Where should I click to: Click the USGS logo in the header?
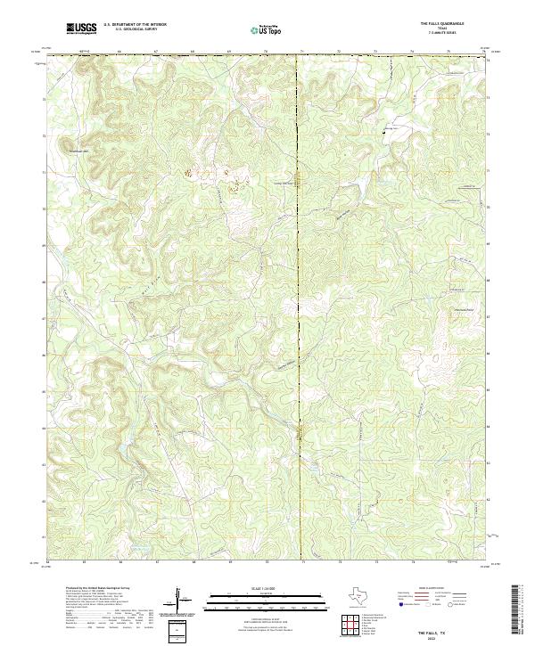pos(81,29)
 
